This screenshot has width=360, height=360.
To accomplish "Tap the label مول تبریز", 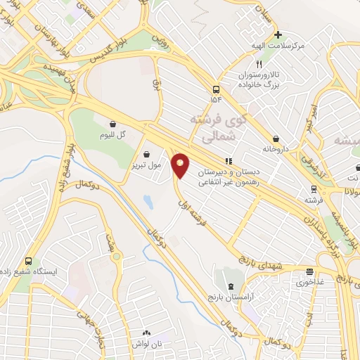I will click(146, 166).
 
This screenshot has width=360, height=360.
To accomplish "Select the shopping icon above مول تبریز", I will click(146, 154).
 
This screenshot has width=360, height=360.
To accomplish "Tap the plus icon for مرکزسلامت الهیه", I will click(278, 34).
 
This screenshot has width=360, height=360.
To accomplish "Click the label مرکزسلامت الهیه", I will click(278, 46).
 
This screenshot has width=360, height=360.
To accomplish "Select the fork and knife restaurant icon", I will click(259, 63).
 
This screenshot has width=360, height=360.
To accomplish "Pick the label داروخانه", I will click(276, 149).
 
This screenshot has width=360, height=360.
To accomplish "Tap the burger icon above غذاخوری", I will click(310, 271).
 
